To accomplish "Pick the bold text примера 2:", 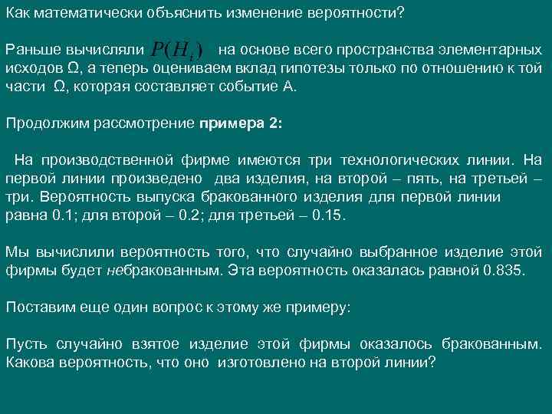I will pyautogui.click(x=241, y=123).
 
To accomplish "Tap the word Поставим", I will pyautogui.click(x=37, y=307).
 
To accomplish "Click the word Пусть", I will pyautogui.click(x=25, y=343).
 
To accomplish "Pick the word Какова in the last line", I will pyautogui.click(x=30, y=361).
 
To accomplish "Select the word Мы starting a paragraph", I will pyautogui.click(x=15, y=252).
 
